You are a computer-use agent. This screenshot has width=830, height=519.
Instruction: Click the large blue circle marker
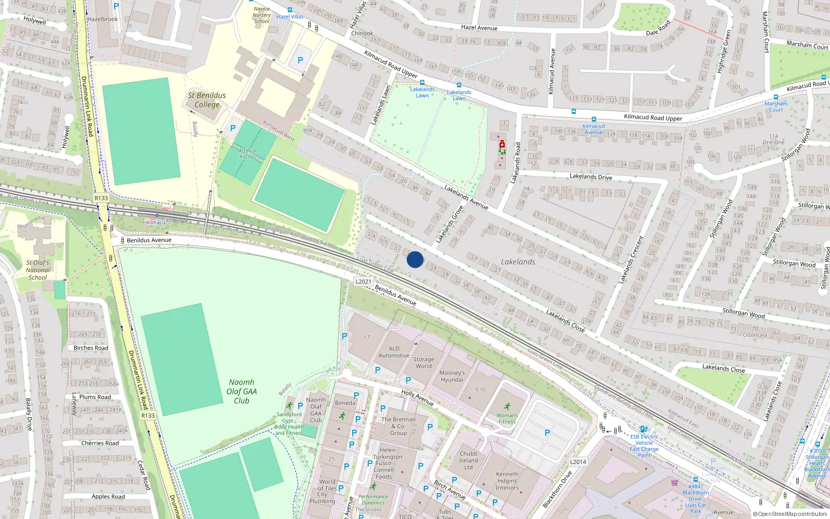pyautogui.click(x=415, y=259)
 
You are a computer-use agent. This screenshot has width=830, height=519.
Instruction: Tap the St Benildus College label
pyautogui.click(x=206, y=100)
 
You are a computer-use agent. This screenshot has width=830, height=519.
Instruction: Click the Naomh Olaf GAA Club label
pyautogui.click(x=241, y=391)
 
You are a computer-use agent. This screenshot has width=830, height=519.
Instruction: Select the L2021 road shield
pyautogui.click(x=363, y=281)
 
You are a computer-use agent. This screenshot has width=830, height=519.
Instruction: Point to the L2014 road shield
pyautogui.click(x=578, y=461)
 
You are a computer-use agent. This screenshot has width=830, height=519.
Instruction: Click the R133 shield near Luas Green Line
pyautogui.click(x=101, y=198)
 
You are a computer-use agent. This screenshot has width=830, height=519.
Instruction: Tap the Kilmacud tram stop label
pyautogui.click(x=156, y=222)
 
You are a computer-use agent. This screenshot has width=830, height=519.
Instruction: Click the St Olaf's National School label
pyautogui.click(x=38, y=270)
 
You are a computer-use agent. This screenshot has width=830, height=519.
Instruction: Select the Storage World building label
pyautogui.click(x=423, y=362)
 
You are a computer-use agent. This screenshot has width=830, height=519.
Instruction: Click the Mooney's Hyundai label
pyautogui.click(x=452, y=376)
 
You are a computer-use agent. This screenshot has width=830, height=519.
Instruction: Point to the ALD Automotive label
pyautogui.click(x=394, y=352)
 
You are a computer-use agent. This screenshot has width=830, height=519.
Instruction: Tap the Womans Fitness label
pyautogui.click(x=507, y=418)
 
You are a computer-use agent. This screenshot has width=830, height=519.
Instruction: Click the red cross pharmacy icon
pyautogui.click(x=502, y=144)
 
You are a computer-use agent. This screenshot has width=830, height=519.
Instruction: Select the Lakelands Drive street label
pyautogui.click(x=590, y=176)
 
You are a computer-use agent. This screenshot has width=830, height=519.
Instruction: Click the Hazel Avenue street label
pyautogui.click(x=479, y=28)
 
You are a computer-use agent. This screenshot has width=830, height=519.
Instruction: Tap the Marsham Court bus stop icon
pyautogui.click(x=776, y=97)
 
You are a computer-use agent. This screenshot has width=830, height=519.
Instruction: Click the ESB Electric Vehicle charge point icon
pyautogui.click(x=643, y=429)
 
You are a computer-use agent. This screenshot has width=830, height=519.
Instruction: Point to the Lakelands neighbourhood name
pyautogui.click(x=518, y=262)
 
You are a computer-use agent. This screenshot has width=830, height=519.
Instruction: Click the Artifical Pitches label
pyautogui.click(x=248, y=154)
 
